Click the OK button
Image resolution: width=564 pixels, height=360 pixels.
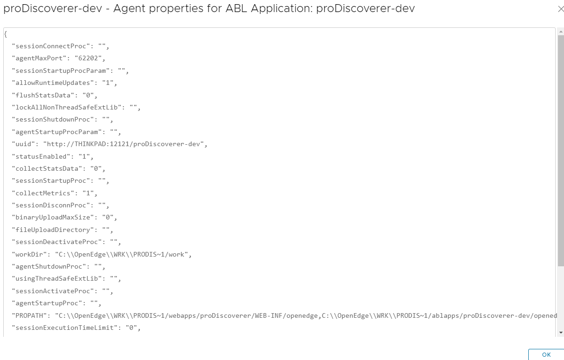pos(546,354)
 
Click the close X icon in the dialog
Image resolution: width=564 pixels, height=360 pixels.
pos(561,9)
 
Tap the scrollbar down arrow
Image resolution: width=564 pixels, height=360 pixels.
pos(561,333)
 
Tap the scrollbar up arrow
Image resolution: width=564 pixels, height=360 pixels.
pos(561,31)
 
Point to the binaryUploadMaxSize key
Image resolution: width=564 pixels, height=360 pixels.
pos(51,218)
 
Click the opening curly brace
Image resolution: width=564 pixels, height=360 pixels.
pos(6,34)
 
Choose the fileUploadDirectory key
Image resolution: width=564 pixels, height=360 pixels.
pos(51,230)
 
